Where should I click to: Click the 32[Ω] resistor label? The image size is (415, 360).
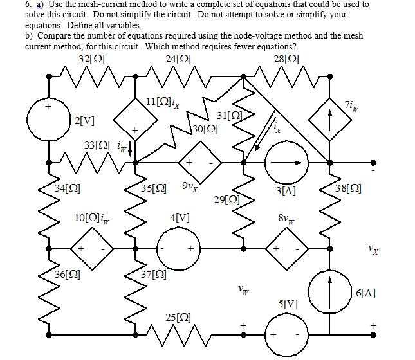pyautogui.click(x=91, y=60)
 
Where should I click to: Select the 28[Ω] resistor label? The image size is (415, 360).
pyautogui.click(x=286, y=60)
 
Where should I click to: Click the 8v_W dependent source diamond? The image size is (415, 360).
pyautogui.click(x=286, y=248)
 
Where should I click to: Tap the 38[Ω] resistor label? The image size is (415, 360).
pyautogui.click(x=349, y=188)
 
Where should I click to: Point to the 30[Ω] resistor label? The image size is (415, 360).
pyautogui.click(x=205, y=129)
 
